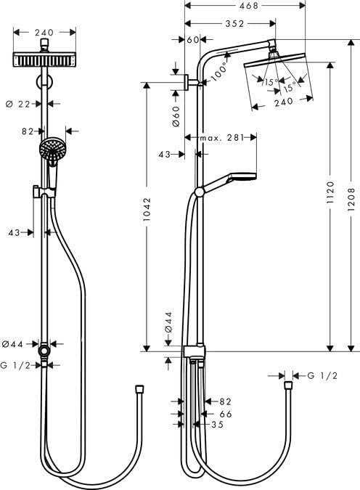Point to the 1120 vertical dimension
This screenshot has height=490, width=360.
pyautogui.click(x=330, y=191)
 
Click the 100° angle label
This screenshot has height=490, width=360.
pyautogui.click(x=220, y=70)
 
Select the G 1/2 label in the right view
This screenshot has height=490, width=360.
pyautogui.click(x=323, y=375)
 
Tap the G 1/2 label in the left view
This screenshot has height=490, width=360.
pyautogui.click(x=17, y=365)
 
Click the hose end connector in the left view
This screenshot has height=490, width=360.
pyautogui.click(x=139, y=390)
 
